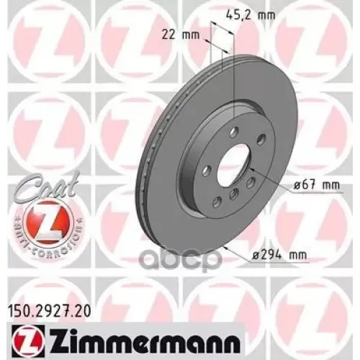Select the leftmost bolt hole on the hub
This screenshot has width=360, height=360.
click(x=207, y=170)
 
